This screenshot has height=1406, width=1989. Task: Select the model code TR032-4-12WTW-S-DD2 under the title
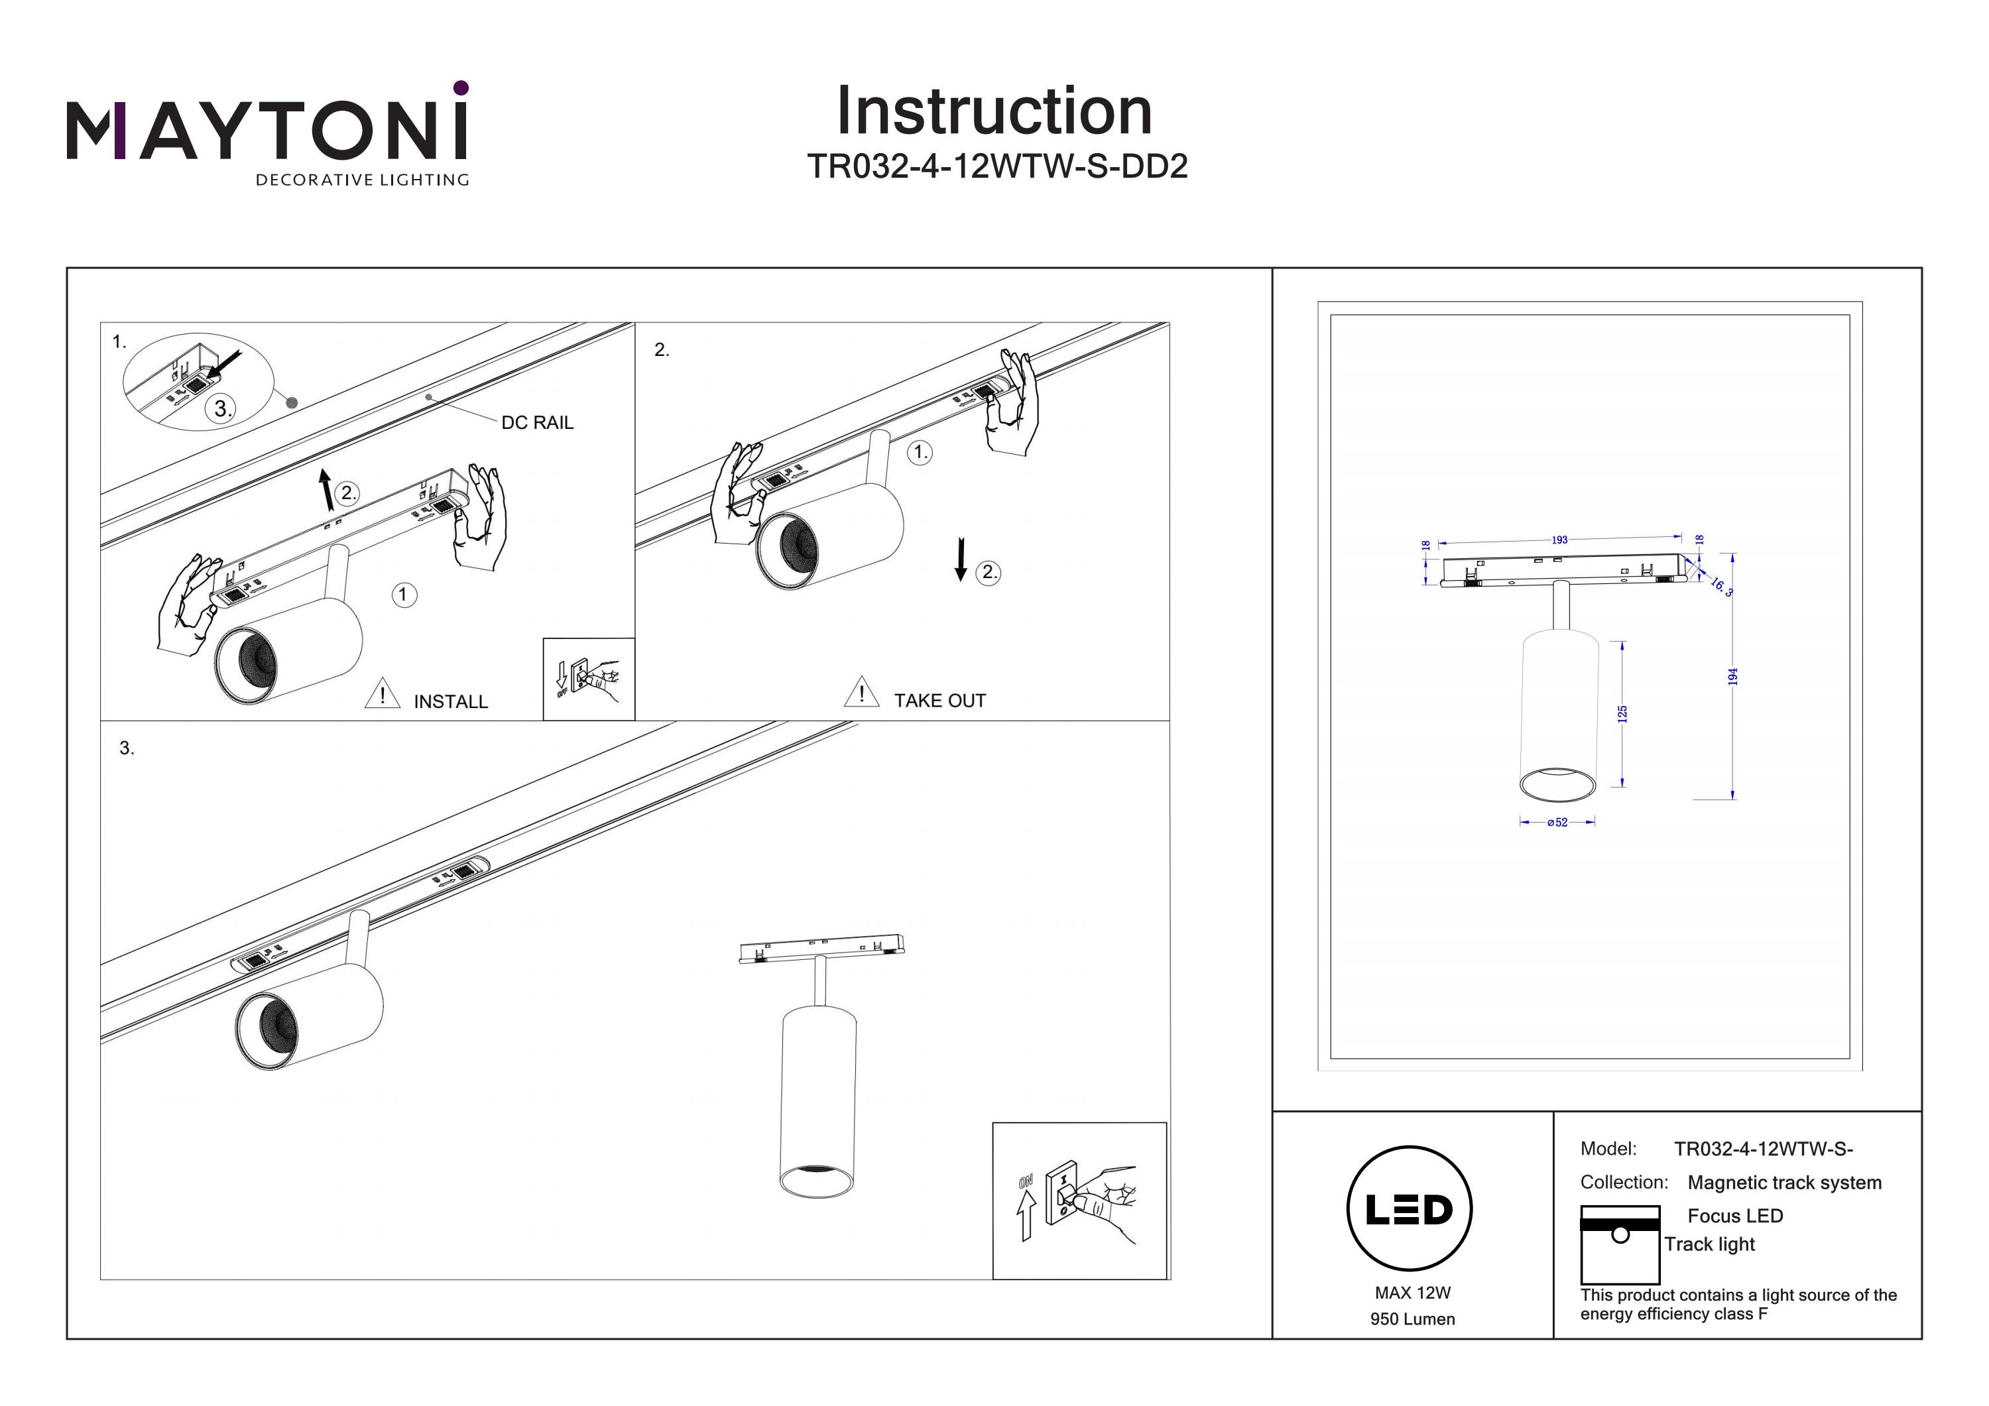pyautogui.click(x=997, y=166)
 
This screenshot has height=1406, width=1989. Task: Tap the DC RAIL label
pyautogui.click(x=537, y=423)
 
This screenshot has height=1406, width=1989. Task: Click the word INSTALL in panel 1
pyautogui.click(x=450, y=702)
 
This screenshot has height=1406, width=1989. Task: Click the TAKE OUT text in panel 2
pyautogui.click(x=940, y=701)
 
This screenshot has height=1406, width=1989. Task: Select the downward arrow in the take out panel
pyautogui.click(x=960, y=559)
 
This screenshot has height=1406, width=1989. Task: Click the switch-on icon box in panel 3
pyautogui.click(x=1079, y=1201)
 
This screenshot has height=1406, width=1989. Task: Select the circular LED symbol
pyautogui.click(x=1409, y=1209)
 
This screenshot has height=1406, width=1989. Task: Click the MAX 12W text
pyautogui.click(x=1412, y=1293)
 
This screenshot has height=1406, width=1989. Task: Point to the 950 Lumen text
pyautogui.click(x=1412, y=1319)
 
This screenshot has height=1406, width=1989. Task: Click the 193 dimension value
pyautogui.click(x=1559, y=540)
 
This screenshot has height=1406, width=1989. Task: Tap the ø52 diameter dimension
pyautogui.click(x=1557, y=822)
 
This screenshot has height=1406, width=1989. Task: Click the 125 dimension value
pyautogui.click(x=1622, y=714)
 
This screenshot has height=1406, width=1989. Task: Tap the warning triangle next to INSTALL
pyautogui.click(x=382, y=695)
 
